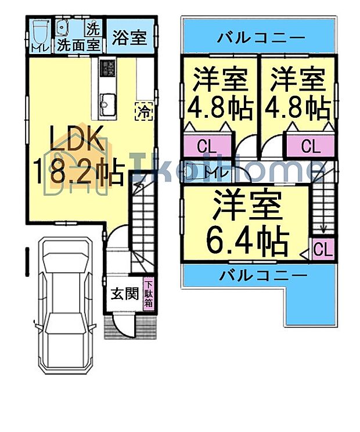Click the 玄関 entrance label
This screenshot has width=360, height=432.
124,294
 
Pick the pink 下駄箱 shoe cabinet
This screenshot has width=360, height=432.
149,294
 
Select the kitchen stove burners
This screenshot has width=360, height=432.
107,69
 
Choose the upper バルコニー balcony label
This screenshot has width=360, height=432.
261,39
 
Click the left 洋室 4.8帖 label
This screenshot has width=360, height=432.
220,92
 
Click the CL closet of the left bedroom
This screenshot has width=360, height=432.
204,146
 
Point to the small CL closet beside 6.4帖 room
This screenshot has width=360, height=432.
322,250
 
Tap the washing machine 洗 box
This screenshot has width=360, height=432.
93,27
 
